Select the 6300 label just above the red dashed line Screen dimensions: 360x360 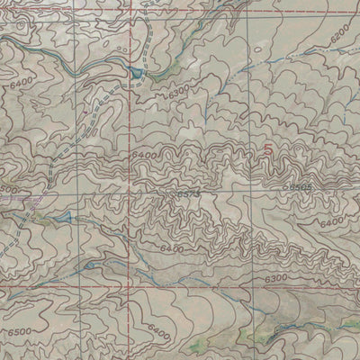pos(278,280)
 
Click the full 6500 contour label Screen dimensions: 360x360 pos(20,333)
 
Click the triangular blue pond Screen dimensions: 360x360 pos(66,218)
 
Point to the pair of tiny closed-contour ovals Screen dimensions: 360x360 pos(119,42)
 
